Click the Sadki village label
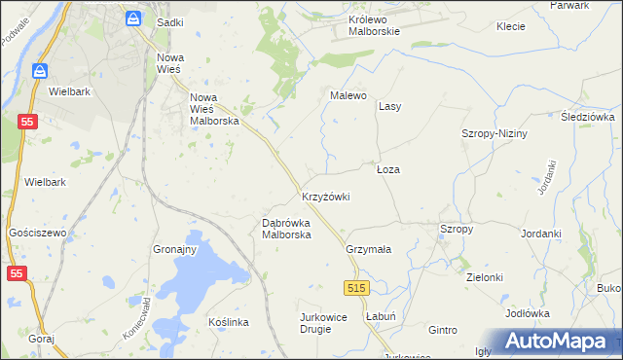pyautogui.click(x=170, y=20)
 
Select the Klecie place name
pyautogui.click(x=511, y=26)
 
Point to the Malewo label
pyautogui.click(x=348, y=95)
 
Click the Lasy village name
pyautogui.click(x=390, y=105)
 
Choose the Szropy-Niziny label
pyautogui.click(x=494, y=133)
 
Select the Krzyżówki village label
pyautogui.click(x=325, y=197)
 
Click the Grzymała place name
pyautogui.click(x=368, y=249)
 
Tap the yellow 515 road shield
pyautogui.click(x=356, y=288)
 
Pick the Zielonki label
pyautogui.click(x=484, y=277)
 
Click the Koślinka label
pyautogui.click(x=230, y=322)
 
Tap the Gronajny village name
pyautogui.click(x=175, y=249)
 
